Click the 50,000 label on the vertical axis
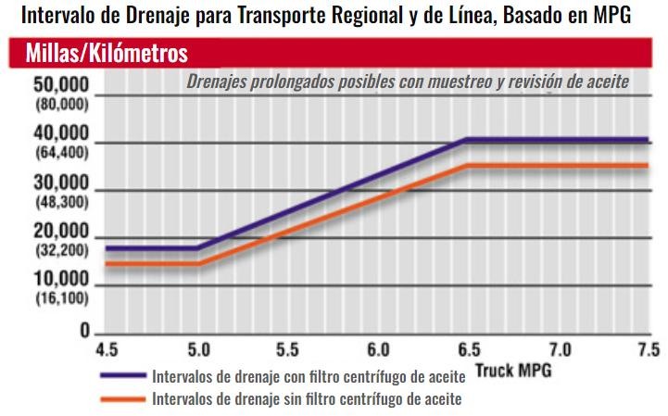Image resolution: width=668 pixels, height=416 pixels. [x=61, y=85]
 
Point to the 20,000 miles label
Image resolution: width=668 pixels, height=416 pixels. [x=61, y=231]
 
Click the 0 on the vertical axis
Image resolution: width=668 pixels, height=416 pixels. [x=84, y=331]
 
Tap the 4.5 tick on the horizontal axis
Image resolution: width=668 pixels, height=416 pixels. [x=107, y=350]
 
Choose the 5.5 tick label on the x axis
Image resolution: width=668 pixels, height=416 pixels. [x=288, y=350]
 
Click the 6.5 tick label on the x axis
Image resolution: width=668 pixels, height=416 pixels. [x=470, y=350]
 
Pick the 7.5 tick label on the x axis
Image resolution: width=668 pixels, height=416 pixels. [x=648, y=350]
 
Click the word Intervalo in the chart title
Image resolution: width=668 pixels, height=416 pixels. [x=53, y=16]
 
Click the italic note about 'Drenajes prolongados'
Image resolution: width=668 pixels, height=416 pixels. [x=408, y=82]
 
